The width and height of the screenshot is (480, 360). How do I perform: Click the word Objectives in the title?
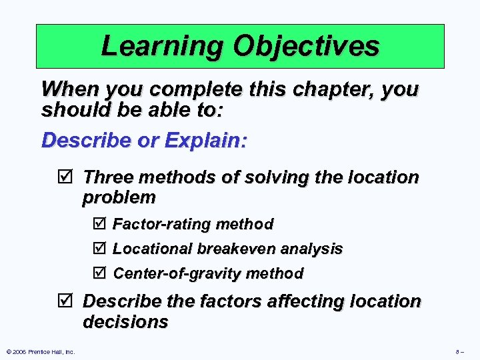point(305,46)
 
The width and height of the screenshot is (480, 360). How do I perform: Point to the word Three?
point(109,178)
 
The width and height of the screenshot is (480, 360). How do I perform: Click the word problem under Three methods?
point(119,197)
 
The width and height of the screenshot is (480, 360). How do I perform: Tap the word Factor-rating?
point(158,224)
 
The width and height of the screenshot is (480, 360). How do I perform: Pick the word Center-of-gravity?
point(178,274)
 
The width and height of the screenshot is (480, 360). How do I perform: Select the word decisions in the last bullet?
point(125,322)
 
